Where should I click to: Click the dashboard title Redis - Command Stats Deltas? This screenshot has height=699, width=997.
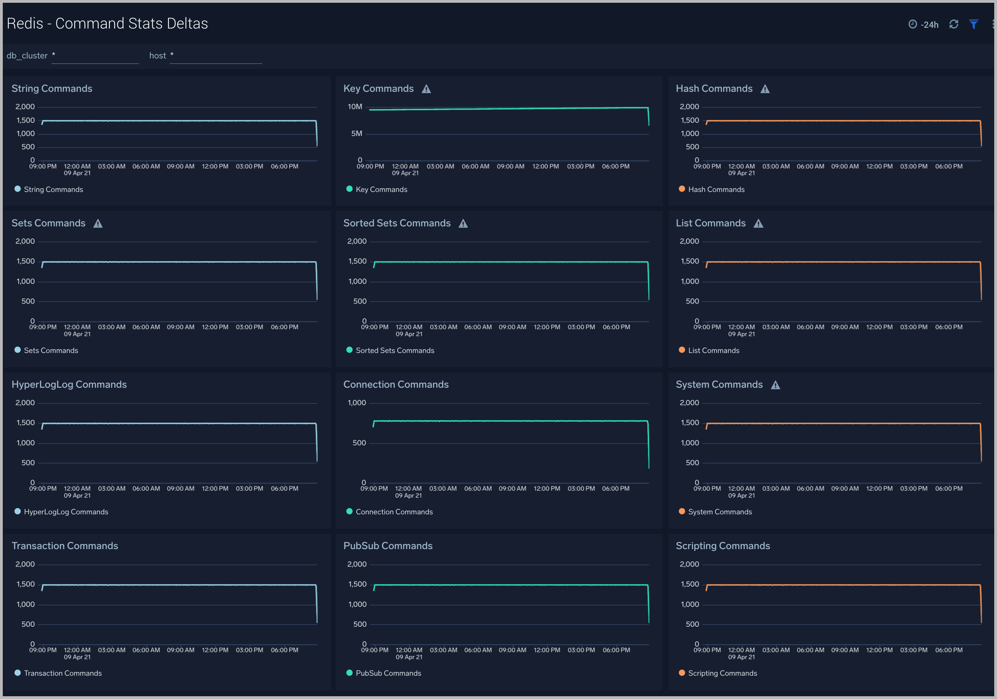pos(107,23)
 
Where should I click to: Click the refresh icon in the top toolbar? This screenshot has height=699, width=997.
pos(954,24)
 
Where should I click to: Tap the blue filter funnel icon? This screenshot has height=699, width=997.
pos(974,24)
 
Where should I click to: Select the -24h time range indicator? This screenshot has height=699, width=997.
pos(924,25)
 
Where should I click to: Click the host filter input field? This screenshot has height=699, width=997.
pos(215,56)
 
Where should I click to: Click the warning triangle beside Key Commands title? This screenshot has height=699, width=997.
pos(426,89)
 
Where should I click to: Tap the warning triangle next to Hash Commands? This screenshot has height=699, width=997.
pos(765,89)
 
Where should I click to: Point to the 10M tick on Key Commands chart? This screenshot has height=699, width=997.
pos(355,107)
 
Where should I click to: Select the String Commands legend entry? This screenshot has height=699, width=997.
pos(53,189)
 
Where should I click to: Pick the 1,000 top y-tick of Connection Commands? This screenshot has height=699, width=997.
pos(357,403)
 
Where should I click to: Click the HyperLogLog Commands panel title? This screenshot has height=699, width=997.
pos(69,384)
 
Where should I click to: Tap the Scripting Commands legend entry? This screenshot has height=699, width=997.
pos(722,673)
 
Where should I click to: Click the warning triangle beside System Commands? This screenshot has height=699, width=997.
pos(775,385)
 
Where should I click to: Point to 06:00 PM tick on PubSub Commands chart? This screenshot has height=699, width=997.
pos(616,650)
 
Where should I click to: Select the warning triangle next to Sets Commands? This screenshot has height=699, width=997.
pos(98,224)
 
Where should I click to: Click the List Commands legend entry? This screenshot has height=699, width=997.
pos(713,350)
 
